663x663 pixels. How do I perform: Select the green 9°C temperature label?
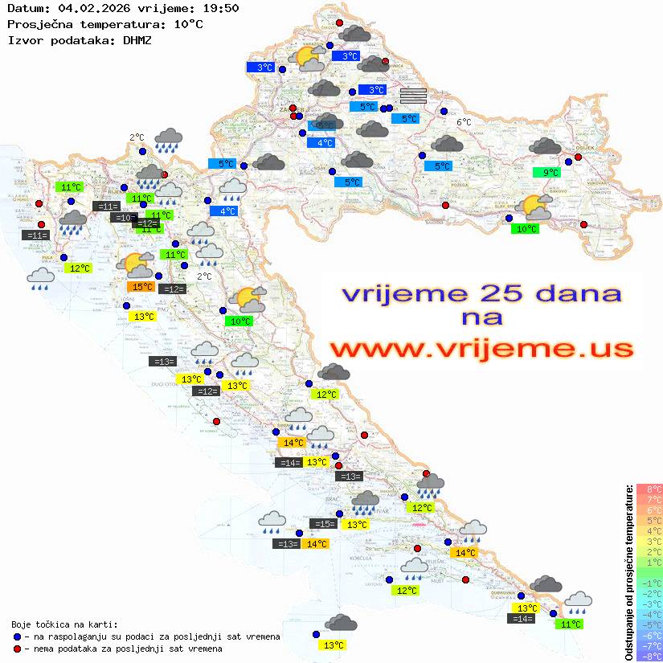tap(550, 173)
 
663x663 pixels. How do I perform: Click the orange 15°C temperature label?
tap(141, 287)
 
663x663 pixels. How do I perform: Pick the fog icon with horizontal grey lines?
tap(413, 96)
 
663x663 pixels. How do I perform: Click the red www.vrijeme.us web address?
tap(481, 349)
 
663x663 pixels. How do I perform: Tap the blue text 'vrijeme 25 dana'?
tap(481, 293)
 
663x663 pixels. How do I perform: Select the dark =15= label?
tap(323, 524)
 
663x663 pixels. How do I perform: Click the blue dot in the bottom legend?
tap(17, 636)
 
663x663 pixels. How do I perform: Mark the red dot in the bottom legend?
tap(17, 649)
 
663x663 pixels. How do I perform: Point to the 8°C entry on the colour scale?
tap(649, 489)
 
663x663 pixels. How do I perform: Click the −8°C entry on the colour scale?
tap(649, 657)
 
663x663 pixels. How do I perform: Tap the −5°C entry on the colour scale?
tap(649, 624)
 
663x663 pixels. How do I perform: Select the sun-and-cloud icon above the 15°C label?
tap(134, 263)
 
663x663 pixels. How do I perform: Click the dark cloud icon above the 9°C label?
tap(546, 146)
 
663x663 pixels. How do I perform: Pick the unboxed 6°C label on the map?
tap(465, 122)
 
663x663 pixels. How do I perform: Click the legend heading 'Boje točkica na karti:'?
tap(64, 624)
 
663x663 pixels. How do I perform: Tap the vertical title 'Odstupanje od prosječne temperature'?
tap(628, 572)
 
